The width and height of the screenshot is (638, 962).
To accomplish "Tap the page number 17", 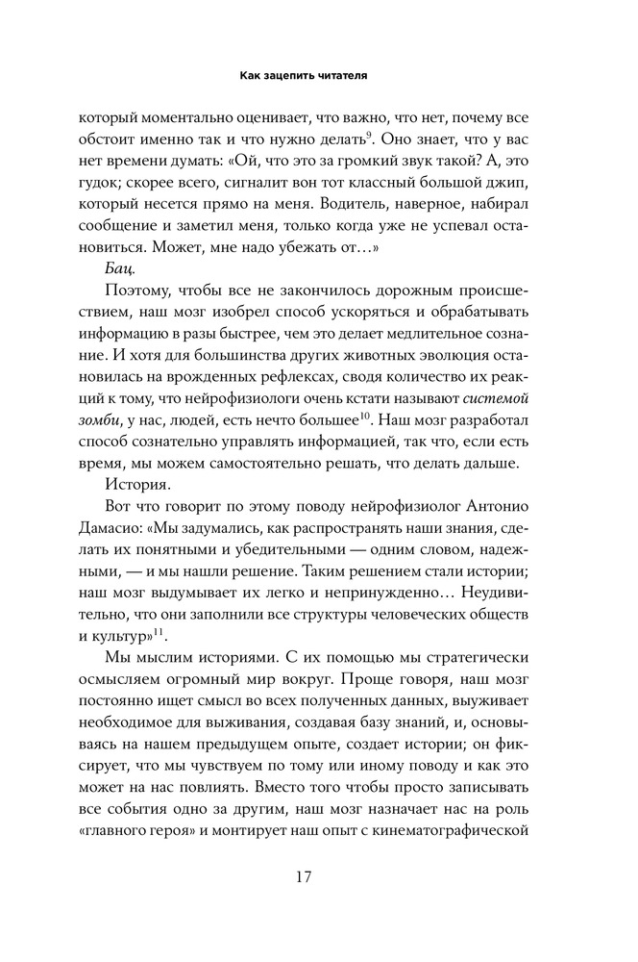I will (x=318, y=876).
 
